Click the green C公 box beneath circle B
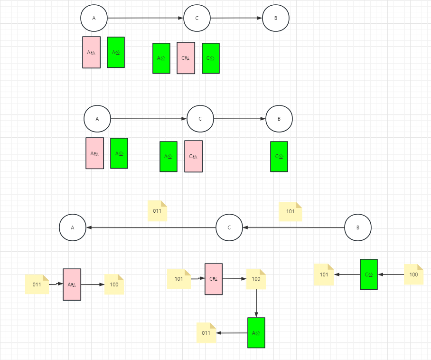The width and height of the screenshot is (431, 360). point(279,156)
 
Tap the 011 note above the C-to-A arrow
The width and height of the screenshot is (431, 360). point(157,211)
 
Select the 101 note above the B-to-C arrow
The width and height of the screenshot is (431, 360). point(290,212)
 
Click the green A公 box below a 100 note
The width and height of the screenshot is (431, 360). point(256,332)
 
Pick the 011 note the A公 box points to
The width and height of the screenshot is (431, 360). point(206,333)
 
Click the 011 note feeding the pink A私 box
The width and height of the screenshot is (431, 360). point(37,284)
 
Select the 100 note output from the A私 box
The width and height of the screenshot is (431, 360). point(114,284)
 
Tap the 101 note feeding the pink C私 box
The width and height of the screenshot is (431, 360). point(178,279)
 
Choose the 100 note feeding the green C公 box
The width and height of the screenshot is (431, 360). point(413,275)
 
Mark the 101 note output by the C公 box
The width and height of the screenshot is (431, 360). point(324,275)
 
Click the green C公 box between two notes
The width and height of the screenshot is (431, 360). point(369,274)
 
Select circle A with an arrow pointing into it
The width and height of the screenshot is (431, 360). point(73,227)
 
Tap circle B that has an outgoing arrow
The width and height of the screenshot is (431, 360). point(357,228)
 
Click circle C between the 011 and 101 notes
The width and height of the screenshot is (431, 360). point(229,227)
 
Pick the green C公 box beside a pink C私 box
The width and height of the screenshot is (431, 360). point(211,58)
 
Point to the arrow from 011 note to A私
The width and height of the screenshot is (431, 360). point(56,284)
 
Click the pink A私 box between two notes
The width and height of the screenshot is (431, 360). point(72,284)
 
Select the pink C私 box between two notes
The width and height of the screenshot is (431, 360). point(214,279)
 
